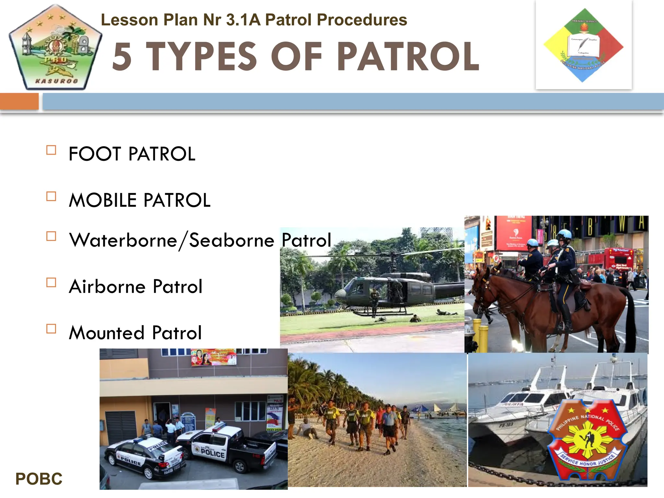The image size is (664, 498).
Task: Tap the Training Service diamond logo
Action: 584,45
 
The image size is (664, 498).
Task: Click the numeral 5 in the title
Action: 122,57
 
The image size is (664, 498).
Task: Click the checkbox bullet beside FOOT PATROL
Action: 51,150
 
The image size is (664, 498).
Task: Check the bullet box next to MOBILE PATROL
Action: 51,196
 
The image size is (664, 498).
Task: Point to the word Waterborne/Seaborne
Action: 172,241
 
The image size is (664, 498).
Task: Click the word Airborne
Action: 107,287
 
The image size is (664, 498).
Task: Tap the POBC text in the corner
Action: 39,479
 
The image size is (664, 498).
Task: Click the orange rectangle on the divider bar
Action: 19,101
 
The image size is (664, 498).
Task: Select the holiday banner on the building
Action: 213,357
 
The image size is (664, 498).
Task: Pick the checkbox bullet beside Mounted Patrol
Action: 51,329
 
